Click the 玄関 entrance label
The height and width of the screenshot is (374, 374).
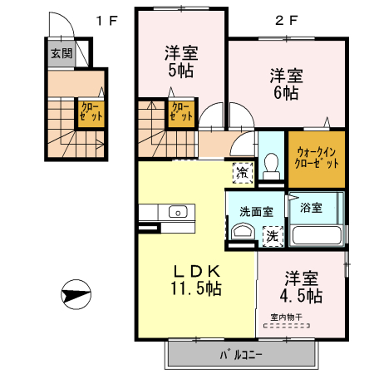61,53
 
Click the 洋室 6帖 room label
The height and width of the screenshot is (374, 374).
286,83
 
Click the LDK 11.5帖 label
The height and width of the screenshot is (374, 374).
196,279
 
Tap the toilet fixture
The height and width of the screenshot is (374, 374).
269,165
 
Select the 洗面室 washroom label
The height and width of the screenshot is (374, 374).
256,211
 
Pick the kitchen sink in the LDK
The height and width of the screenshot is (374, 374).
179,212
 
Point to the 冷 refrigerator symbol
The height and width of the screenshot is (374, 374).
242,173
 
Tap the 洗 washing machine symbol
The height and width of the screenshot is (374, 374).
272,236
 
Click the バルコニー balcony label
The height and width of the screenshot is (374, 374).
241,355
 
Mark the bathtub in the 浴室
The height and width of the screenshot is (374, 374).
317,234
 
